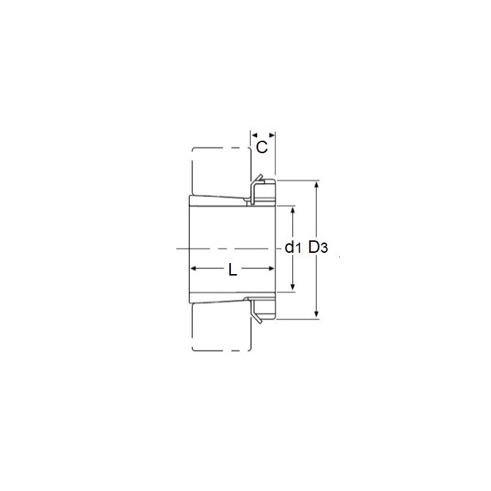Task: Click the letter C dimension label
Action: pos(262,147)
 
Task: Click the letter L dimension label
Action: pos(232,270)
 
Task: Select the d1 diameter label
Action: pos(293,248)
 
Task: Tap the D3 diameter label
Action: pos(318,248)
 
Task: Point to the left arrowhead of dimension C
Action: pos(254,135)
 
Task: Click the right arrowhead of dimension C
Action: pos(271,135)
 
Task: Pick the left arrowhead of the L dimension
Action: pos(194,268)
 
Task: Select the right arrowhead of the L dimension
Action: pos(271,268)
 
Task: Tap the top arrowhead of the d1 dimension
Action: pos(293,210)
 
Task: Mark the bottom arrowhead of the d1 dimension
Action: pos(293,287)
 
